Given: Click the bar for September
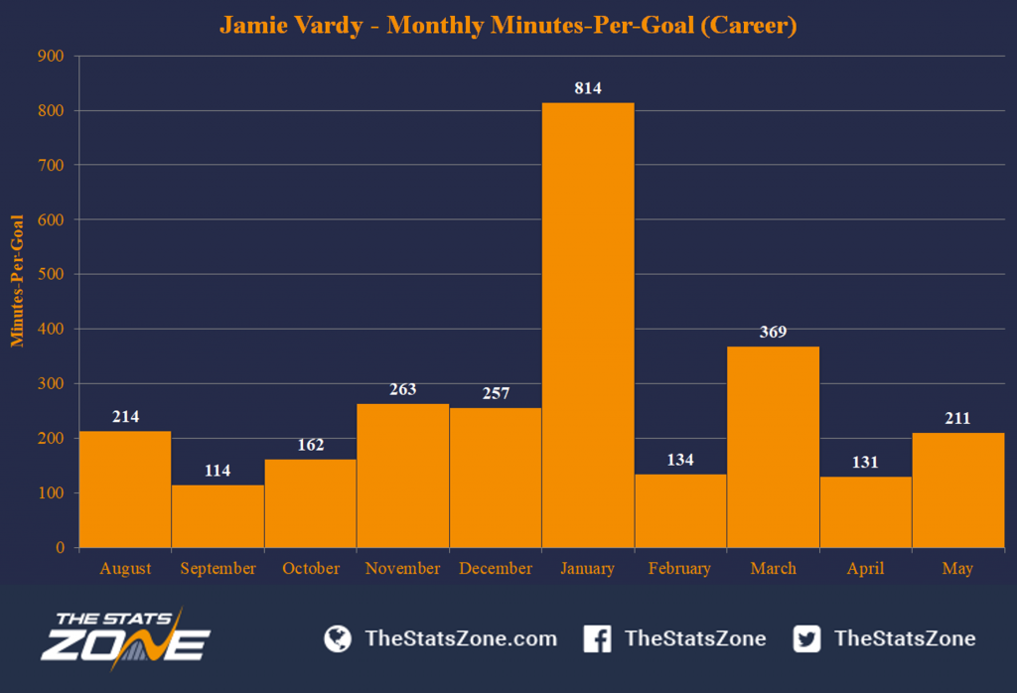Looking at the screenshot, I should pos(218,515).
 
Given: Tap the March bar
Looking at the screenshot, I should pos(773,446).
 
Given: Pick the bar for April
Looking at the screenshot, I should pos(865,511).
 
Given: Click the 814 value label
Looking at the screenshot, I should pos(588,88).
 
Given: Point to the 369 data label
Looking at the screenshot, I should pos(773,332).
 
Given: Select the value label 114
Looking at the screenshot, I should pos(218,471).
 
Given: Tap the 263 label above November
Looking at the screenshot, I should pos(402,389).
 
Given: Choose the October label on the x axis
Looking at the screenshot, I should pos(310,569).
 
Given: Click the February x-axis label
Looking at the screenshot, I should pos(679,569).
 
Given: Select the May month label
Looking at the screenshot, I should pos(957,569).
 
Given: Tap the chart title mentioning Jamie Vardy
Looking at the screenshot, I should pos(508,25).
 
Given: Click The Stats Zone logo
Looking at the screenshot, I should pos(125,637).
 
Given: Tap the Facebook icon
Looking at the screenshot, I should pos(597,638).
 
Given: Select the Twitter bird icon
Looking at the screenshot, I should pos(807,638).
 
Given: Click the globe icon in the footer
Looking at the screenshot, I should pos(338,638).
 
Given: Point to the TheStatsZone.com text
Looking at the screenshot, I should pos(461,638).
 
